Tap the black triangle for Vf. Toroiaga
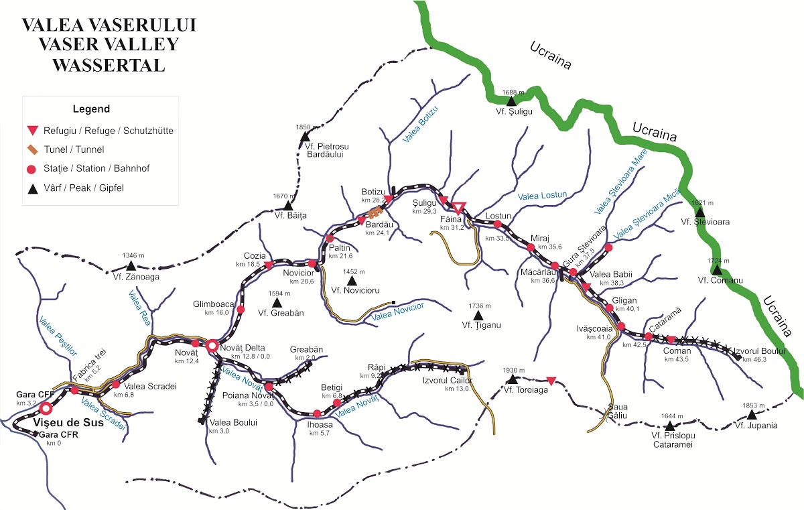click(x=513, y=379)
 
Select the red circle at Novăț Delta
click(x=212, y=346)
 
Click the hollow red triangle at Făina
click(x=458, y=207)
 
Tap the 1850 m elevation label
click(x=304, y=127)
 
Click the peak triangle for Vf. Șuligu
click(x=511, y=101)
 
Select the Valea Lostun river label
click(x=542, y=196)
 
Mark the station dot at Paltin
click(x=330, y=239)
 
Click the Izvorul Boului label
click(x=758, y=350)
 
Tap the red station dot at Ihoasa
click(x=316, y=413)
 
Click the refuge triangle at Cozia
click(x=268, y=266)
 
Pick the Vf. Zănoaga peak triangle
click(x=131, y=266)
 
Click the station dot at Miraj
click(x=531, y=247)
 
